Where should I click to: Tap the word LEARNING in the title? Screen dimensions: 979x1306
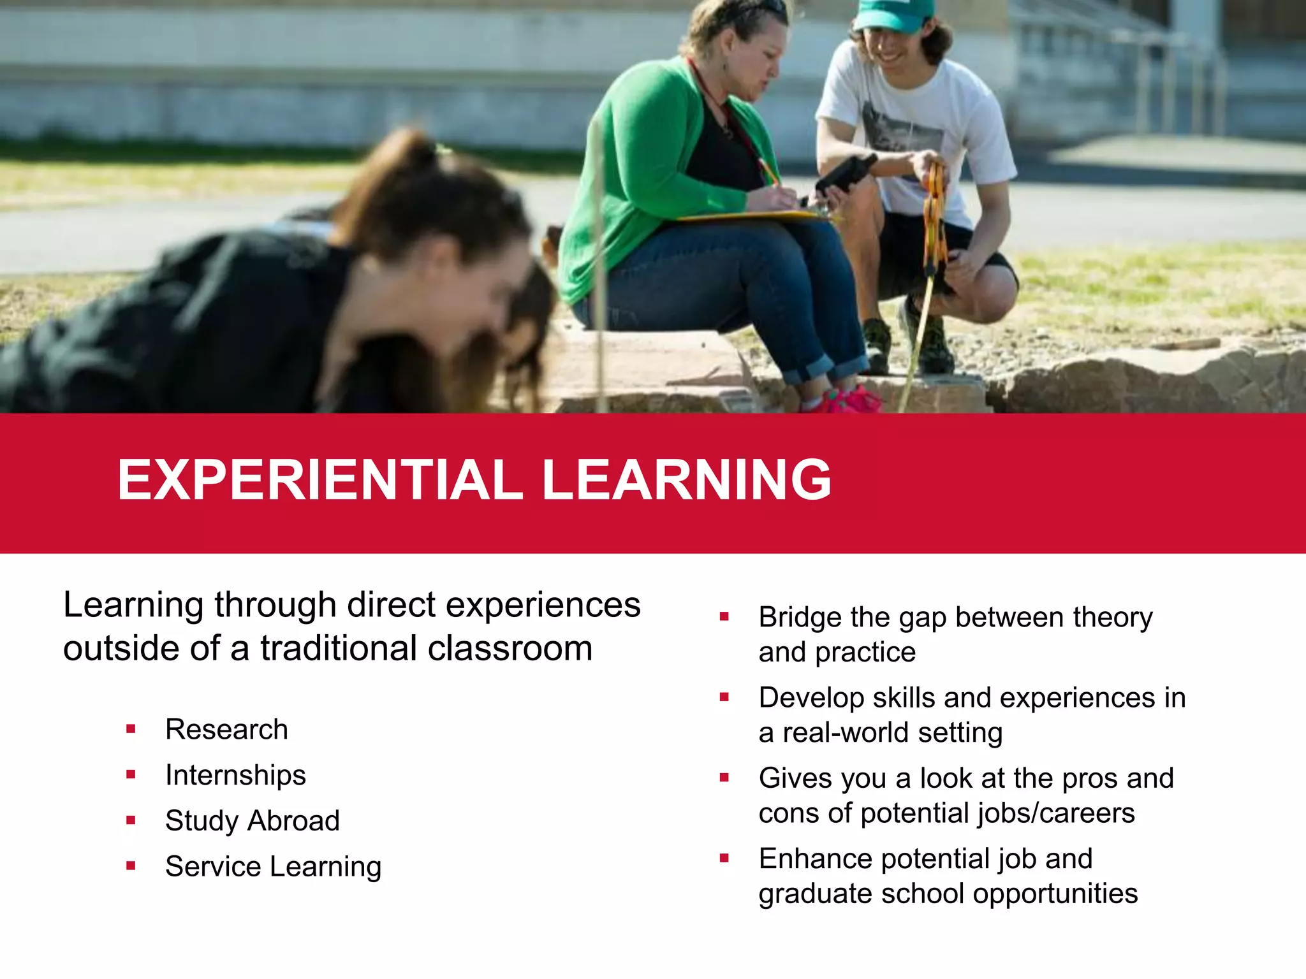(686, 479)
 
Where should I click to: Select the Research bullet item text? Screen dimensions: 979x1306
(226, 729)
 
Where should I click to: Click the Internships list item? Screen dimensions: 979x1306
(235, 775)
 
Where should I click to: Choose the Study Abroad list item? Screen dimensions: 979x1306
(253, 821)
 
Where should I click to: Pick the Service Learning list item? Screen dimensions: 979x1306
(273, 867)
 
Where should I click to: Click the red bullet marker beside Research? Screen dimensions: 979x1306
(131, 729)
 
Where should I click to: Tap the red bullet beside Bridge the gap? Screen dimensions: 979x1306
(724, 616)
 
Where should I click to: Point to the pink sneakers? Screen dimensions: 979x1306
(848, 400)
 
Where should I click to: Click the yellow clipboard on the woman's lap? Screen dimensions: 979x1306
(752, 217)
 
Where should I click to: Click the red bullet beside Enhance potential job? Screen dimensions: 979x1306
(724, 858)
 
